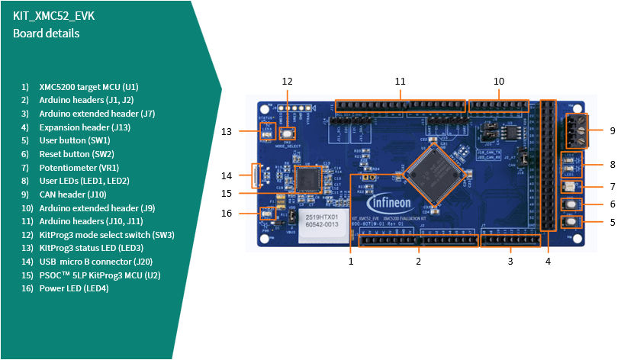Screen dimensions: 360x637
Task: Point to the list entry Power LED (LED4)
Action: pos(73,288)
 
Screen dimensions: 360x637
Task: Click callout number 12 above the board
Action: pos(287,81)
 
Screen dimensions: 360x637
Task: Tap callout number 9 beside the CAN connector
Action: pos(612,130)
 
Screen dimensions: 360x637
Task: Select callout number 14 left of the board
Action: pos(227,176)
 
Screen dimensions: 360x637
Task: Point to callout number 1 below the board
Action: pos(351,262)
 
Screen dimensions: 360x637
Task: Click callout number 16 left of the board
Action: pos(227,214)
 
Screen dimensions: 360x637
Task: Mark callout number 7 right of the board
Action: pos(612,186)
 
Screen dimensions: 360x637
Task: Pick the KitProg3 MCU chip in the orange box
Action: pos(309,179)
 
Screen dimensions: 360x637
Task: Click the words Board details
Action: pos(46,34)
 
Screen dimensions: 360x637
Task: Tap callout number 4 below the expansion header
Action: pos(547,262)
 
